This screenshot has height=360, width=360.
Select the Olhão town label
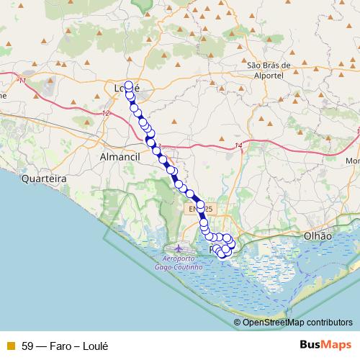point(318,235)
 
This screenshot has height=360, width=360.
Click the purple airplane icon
point(179,248)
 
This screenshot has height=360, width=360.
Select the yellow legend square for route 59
point(9,346)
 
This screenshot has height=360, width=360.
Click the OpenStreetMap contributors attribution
point(297,322)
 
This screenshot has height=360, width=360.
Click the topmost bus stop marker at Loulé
point(129,85)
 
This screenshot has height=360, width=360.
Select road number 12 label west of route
point(107,114)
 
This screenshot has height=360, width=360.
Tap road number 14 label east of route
point(238,146)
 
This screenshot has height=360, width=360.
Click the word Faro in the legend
point(62,346)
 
